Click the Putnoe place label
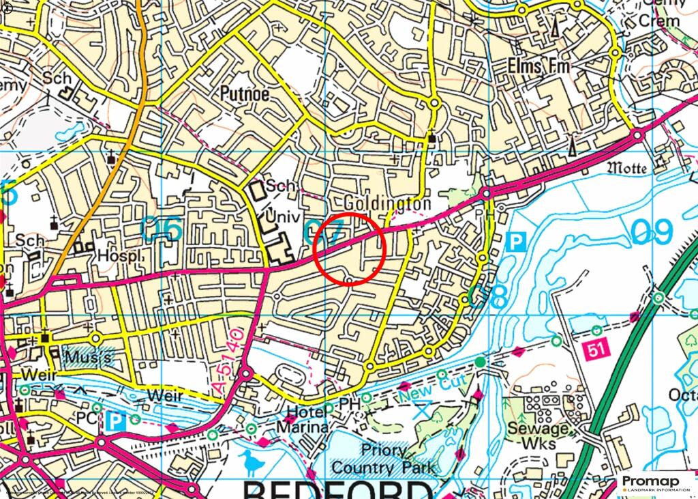click(245, 94)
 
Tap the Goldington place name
click(387, 204)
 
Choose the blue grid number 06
click(162, 229)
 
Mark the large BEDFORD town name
click(337, 490)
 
